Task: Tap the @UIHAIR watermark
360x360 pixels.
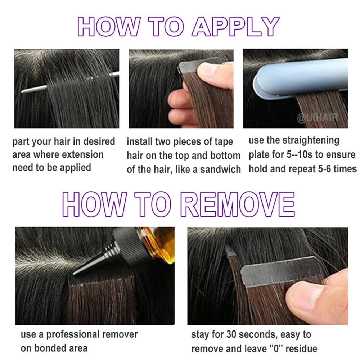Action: [x=317, y=118]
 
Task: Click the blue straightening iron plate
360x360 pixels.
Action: [x=302, y=77]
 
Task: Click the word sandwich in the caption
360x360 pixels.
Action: [x=220, y=169]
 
